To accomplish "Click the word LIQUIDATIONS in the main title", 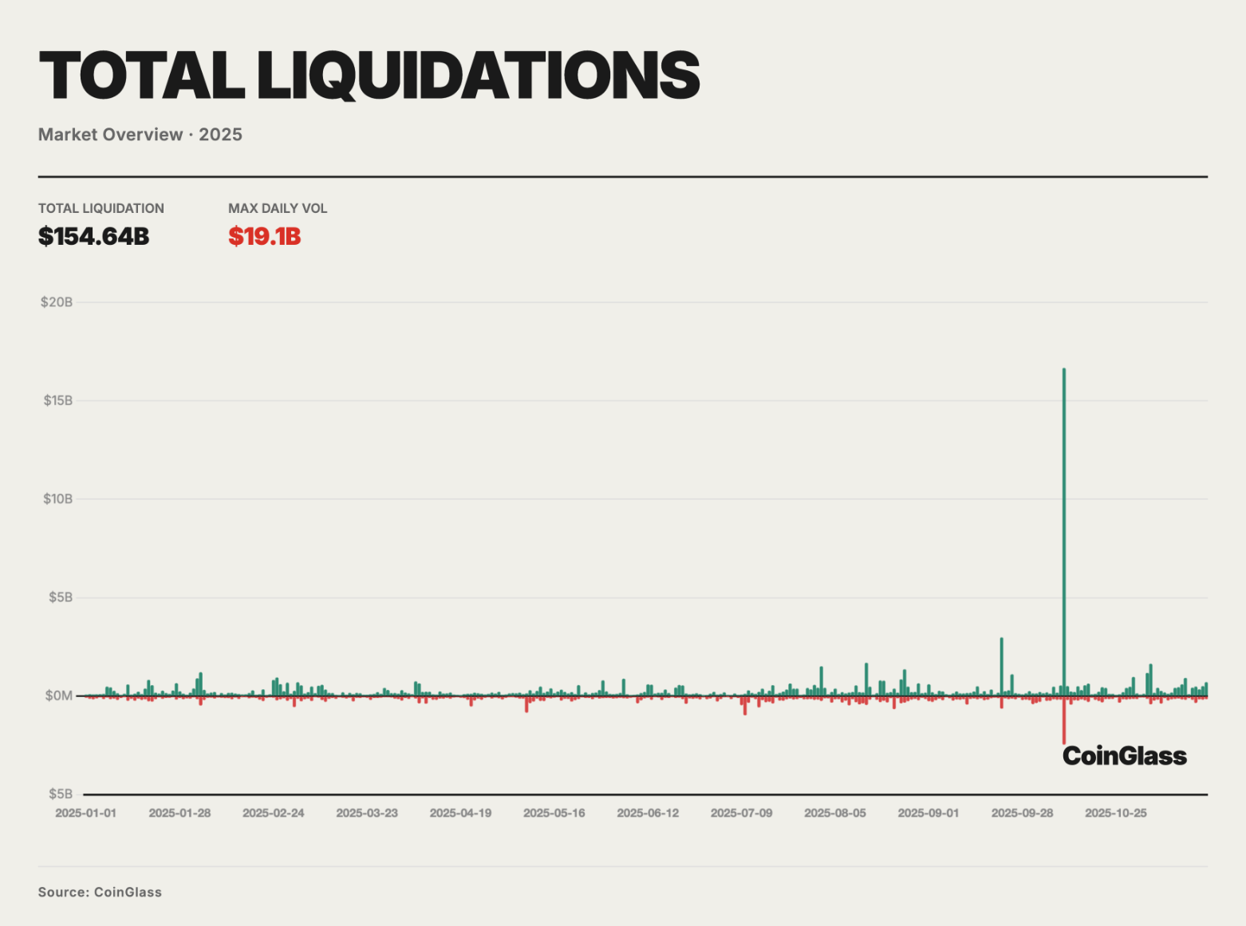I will click(478, 76).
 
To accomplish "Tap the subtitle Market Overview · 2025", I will click(140, 135).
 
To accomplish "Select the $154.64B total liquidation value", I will click(94, 237).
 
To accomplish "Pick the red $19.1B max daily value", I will click(265, 237).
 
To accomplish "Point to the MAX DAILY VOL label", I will click(278, 208).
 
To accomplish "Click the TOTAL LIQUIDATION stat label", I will click(101, 208).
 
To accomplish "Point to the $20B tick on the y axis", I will click(57, 302).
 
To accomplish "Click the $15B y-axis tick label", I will click(58, 400).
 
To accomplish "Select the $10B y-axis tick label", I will click(58, 499).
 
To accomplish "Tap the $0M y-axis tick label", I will click(59, 695).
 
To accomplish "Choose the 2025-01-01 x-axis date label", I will click(85, 813).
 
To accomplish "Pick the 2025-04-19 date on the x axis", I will click(460, 813).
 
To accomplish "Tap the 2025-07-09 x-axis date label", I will click(741, 813).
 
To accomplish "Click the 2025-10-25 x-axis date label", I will click(1116, 813).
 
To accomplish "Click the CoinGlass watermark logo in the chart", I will click(1125, 756).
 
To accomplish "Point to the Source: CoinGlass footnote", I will click(100, 892).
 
